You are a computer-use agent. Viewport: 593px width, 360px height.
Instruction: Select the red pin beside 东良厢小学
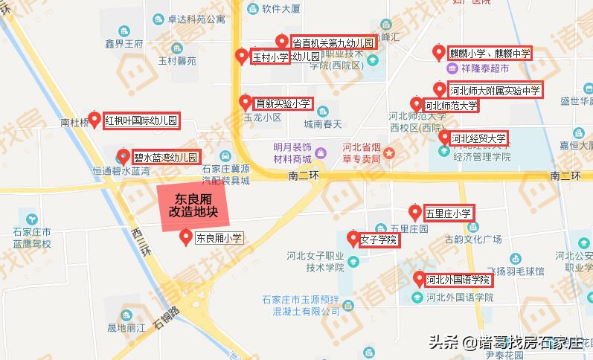[x=186, y=237]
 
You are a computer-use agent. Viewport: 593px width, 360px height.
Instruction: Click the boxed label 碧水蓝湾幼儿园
[x=166, y=157]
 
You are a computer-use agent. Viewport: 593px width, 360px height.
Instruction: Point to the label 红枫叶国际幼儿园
[x=141, y=120]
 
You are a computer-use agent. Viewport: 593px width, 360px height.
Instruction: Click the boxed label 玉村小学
[x=269, y=57]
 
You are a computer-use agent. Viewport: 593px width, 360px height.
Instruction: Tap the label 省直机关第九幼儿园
[x=334, y=42]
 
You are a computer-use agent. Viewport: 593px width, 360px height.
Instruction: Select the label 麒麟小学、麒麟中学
[x=490, y=54]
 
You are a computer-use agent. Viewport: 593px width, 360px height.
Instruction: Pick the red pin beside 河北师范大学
[x=417, y=104]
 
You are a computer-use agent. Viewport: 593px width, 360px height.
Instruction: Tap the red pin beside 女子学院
[x=353, y=239]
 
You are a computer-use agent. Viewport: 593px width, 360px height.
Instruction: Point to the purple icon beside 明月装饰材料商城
[x=321, y=153]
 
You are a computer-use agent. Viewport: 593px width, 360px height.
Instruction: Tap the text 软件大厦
[x=279, y=10]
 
